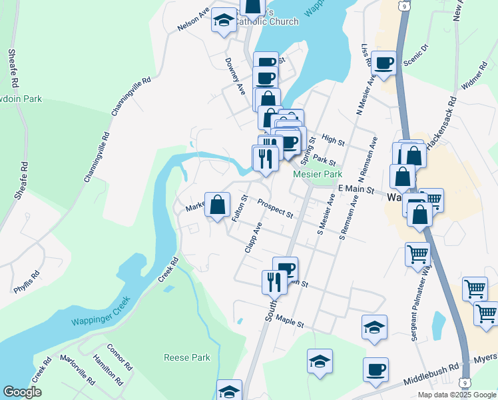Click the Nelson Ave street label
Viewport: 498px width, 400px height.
tap(193, 19)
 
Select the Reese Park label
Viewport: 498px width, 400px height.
tap(187, 357)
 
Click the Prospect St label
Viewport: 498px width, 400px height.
tap(276, 209)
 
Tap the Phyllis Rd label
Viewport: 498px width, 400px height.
tap(27, 282)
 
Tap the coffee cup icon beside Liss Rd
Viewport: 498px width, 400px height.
tap(384, 63)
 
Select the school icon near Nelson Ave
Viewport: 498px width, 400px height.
tap(224, 21)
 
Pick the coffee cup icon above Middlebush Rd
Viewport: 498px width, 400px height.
tap(375, 369)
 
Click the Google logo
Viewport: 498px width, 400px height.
tap(22, 392)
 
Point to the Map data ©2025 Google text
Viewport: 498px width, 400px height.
tap(456, 395)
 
